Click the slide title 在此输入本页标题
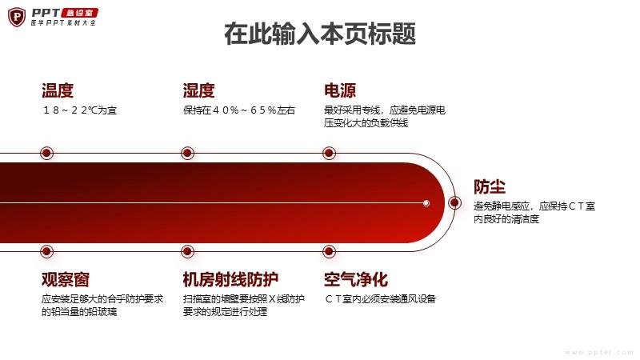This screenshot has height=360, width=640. click(x=320, y=34)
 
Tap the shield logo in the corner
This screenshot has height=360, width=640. click(x=17, y=17)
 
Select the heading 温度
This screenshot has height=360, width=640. click(x=58, y=90)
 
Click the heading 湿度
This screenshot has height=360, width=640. click(x=198, y=90)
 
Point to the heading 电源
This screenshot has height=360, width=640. click(x=340, y=90)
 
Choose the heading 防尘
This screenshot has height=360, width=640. click(x=490, y=187)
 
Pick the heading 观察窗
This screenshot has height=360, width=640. click(x=66, y=279)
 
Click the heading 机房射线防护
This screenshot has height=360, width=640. click(x=230, y=279)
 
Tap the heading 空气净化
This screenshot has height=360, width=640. click(x=356, y=279)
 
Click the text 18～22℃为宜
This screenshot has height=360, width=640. click(x=79, y=110)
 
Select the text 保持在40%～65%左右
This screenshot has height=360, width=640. click(x=239, y=110)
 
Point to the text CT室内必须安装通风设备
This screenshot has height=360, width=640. click(x=381, y=299)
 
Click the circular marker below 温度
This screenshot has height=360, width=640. click(x=47, y=153)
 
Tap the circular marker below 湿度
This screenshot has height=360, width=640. click(x=188, y=153)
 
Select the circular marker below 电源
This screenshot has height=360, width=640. click(x=329, y=153)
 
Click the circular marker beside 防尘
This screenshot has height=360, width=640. click(x=454, y=203)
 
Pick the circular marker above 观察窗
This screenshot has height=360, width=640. click(x=47, y=251)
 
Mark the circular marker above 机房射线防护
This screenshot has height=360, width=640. click(x=188, y=251)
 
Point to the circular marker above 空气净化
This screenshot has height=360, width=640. click(x=329, y=251)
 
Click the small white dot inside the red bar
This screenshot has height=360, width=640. click(x=426, y=203)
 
